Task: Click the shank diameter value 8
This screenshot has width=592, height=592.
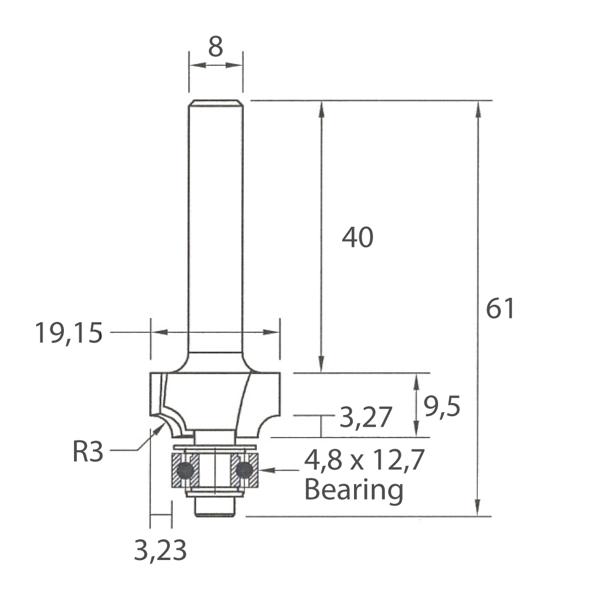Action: point(215,47)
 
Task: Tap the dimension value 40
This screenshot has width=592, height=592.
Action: point(358,237)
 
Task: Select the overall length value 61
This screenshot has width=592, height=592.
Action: point(500,308)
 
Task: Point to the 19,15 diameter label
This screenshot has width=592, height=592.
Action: point(69,333)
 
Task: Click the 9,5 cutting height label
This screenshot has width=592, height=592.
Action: point(442,407)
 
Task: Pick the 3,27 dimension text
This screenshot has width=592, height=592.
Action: point(366,417)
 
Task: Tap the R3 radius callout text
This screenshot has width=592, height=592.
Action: point(88,452)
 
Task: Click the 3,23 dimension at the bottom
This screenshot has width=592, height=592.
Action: point(160,550)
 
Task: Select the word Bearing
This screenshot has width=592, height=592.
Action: point(354,490)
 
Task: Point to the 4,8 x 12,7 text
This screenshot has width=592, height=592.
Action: point(365,460)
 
